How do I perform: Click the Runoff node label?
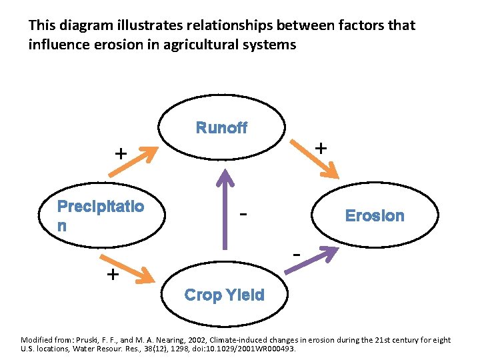pyautogui.click(x=221, y=128)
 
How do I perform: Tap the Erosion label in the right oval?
pyautogui.click(x=374, y=215)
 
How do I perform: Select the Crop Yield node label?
pyautogui.click(x=224, y=295)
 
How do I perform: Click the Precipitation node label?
pyautogui.click(x=100, y=215)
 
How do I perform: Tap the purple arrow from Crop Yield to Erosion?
pyautogui.click(x=311, y=259)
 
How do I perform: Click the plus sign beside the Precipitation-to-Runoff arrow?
pyautogui.click(x=121, y=153)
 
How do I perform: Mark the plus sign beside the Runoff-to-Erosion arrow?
pyautogui.click(x=321, y=147)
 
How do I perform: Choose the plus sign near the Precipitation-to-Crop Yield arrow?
pyautogui.click(x=113, y=275)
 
